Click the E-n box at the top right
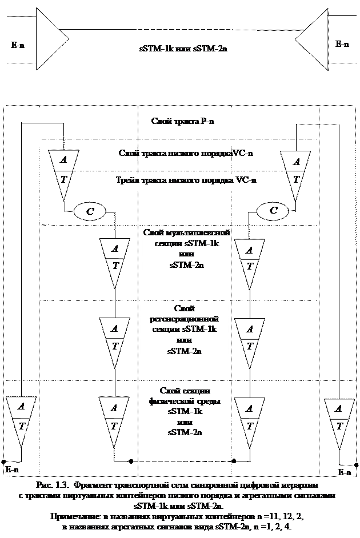[342, 44]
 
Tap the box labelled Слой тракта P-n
[183, 123]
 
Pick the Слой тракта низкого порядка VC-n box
[186, 154]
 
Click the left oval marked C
[90, 211]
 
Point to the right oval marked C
[273, 211]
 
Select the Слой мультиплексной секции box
[186, 250]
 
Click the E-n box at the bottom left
[12, 469]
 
